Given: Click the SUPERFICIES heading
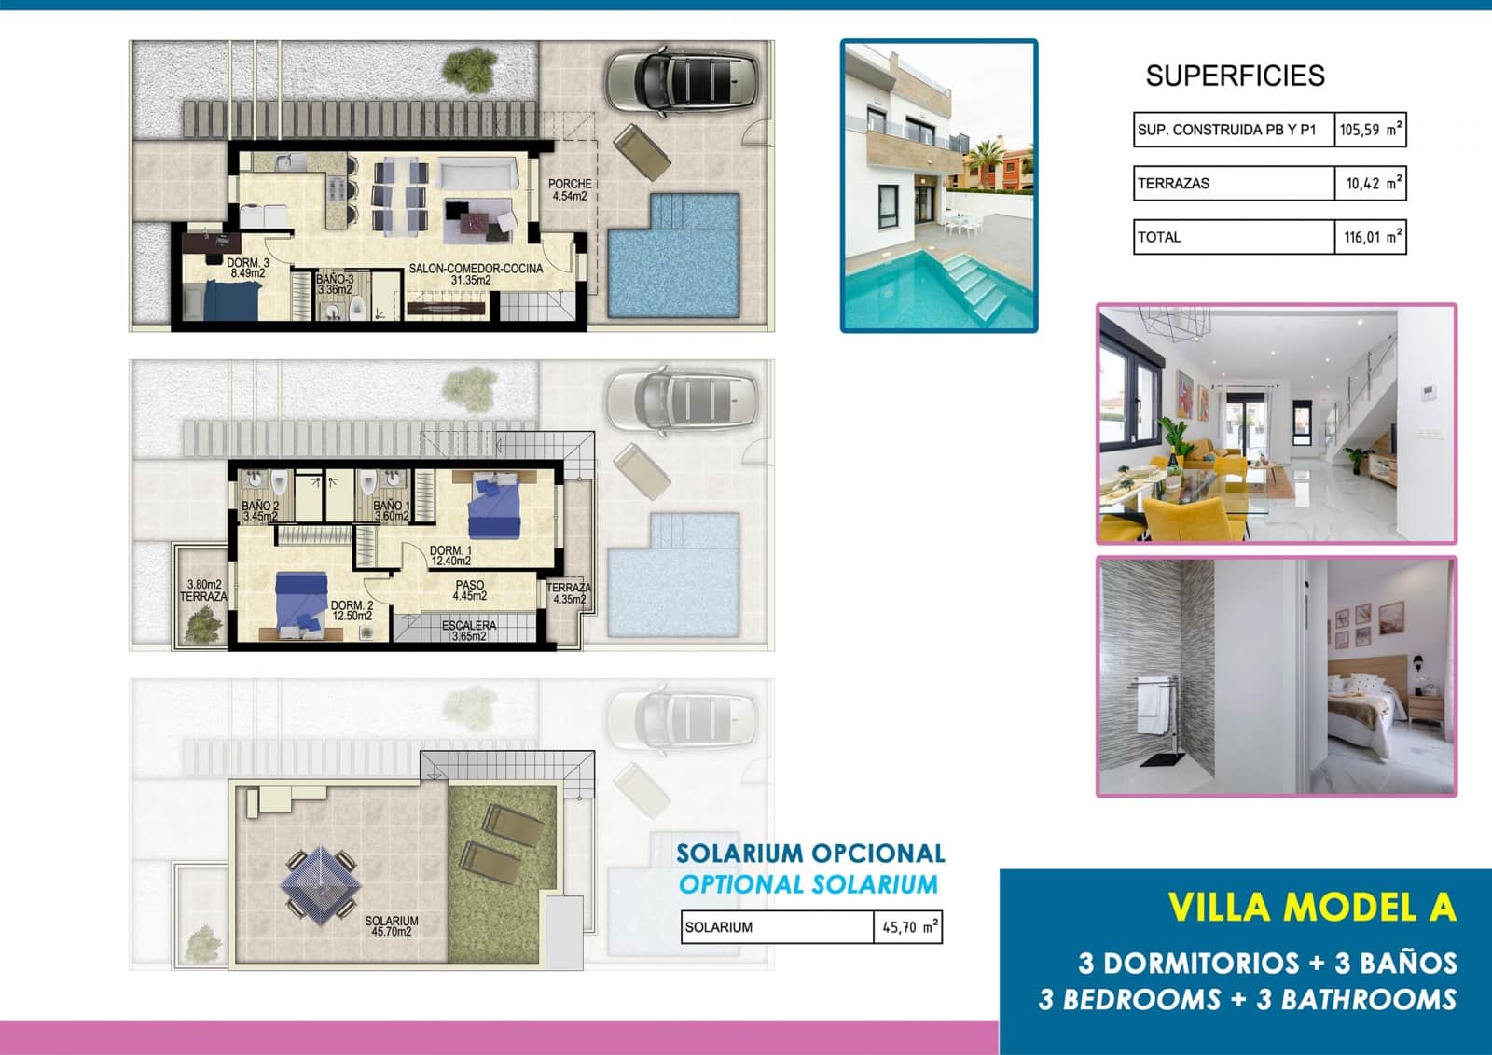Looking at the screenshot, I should pos(1235,76).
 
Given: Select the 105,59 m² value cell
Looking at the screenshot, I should pos(1370,130).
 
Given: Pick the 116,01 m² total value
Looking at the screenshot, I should pos(1370,237).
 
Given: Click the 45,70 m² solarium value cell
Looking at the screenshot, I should pos(907,927).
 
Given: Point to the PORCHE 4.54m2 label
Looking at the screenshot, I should pos(569,190).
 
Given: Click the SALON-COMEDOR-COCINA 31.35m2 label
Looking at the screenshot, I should pos(476,274).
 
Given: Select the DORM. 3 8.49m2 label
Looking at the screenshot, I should pos(248,269).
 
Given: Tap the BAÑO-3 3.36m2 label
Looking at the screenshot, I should pos(335,285).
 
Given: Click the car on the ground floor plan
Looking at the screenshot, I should pos(682,83).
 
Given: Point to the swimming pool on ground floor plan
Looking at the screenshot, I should pos(673,257).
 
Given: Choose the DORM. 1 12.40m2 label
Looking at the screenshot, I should pos(450,556).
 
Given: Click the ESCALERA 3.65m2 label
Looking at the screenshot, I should pos(469,631).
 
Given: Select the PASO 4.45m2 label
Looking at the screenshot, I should pos(470,590).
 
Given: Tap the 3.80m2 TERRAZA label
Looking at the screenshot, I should pos(203,590).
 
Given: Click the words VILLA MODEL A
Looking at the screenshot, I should pos(1312,908).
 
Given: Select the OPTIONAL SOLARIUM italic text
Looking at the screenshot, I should pos(808,884).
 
